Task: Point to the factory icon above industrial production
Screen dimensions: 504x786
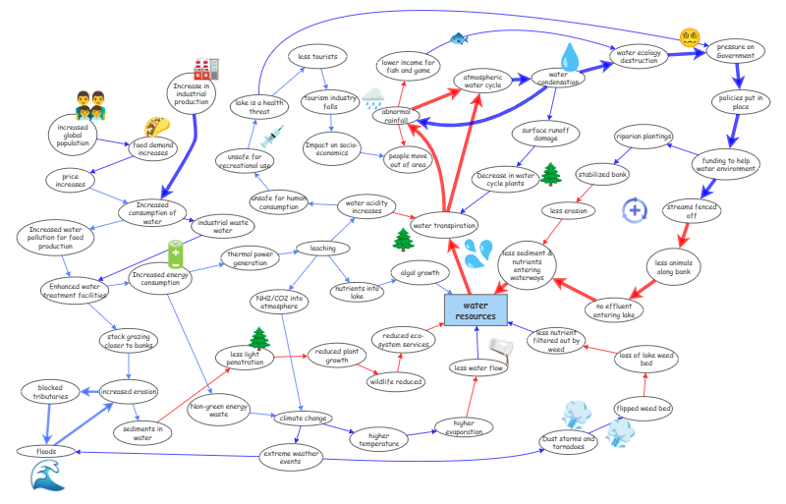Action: pos(205,68)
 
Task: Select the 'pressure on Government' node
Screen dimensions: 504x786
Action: pos(735,51)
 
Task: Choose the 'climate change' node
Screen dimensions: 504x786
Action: pos(303,418)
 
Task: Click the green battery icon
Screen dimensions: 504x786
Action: pos(175,253)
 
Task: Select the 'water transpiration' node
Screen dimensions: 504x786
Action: pos(444,224)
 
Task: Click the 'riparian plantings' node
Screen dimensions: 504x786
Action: pos(644,136)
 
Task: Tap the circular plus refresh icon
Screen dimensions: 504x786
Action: pos(636,209)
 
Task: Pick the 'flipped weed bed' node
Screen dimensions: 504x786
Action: pos(644,407)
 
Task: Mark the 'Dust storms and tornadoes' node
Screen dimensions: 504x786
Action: pos(569,442)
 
